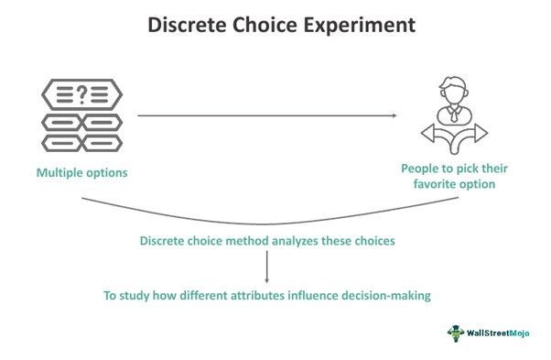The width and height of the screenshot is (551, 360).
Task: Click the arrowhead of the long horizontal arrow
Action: tap(394, 115)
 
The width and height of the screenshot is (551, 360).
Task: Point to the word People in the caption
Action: tap(420, 169)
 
